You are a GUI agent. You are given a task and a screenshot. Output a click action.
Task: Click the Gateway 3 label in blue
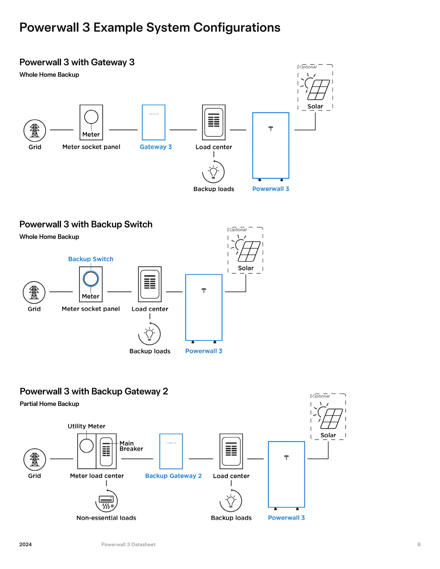(x=156, y=147)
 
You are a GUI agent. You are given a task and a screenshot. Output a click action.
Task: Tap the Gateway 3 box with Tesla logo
(x=154, y=122)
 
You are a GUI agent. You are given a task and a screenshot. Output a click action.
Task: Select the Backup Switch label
(x=91, y=259)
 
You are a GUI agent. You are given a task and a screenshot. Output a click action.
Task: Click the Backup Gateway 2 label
(x=173, y=476)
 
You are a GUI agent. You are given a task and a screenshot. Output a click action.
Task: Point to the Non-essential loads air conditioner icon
(x=106, y=501)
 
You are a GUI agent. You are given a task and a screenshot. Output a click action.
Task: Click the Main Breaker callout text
(x=131, y=446)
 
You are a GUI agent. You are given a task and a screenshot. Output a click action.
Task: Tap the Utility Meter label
(x=87, y=426)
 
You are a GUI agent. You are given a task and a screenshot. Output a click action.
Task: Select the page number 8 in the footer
(x=419, y=545)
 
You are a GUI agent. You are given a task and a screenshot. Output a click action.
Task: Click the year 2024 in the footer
(x=26, y=545)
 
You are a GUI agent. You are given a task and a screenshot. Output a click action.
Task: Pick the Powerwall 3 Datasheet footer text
(x=128, y=545)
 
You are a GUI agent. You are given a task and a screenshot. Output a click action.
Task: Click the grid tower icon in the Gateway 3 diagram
(x=35, y=131)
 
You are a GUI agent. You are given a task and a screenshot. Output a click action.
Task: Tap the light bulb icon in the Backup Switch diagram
(x=149, y=334)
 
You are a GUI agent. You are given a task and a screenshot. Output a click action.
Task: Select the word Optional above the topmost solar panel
(x=308, y=67)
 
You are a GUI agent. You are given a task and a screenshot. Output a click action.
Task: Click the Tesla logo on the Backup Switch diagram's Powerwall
(x=204, y=291)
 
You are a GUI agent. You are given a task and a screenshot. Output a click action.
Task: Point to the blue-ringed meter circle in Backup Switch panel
(x=91, y=279)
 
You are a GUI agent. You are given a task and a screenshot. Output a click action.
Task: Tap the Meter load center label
(x=97, y=476)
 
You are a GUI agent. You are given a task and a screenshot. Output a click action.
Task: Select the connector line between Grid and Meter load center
(x=61, y=459)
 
